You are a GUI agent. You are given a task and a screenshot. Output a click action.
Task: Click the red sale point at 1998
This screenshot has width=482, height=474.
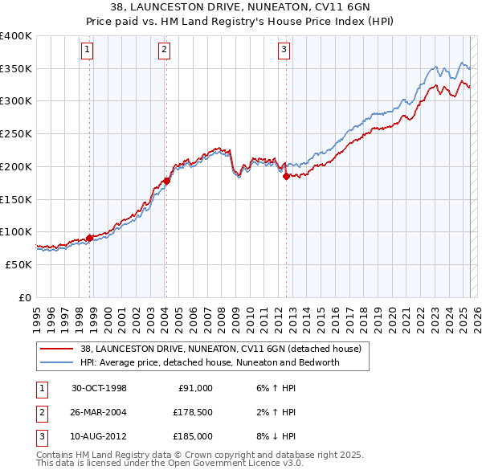click(x=89, y=238)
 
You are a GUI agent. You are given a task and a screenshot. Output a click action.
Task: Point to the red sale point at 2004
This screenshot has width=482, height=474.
click(x=166, y=181)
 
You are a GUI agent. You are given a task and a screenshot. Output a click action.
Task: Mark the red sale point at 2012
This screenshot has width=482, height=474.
click(x=286, y=177)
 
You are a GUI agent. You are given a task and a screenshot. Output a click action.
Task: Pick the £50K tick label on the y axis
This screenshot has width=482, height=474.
click(x=19, y=264)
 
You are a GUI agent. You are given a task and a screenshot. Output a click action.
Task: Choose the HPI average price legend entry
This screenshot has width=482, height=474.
click(x=210, y=362)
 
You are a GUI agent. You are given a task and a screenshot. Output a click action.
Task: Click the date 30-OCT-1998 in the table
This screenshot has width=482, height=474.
click(x=99, y=388)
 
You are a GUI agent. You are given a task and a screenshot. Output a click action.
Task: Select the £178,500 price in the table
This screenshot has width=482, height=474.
click(x=193, y=412)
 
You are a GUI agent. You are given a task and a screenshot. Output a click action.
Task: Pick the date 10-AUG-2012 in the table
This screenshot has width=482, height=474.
click(x=99, y=436)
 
